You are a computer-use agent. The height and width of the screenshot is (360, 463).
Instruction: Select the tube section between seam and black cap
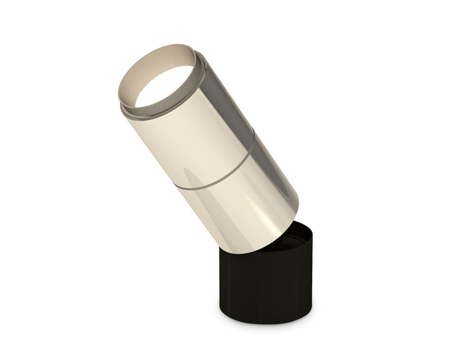242,211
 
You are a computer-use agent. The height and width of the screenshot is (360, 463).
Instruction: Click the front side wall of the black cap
257,288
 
